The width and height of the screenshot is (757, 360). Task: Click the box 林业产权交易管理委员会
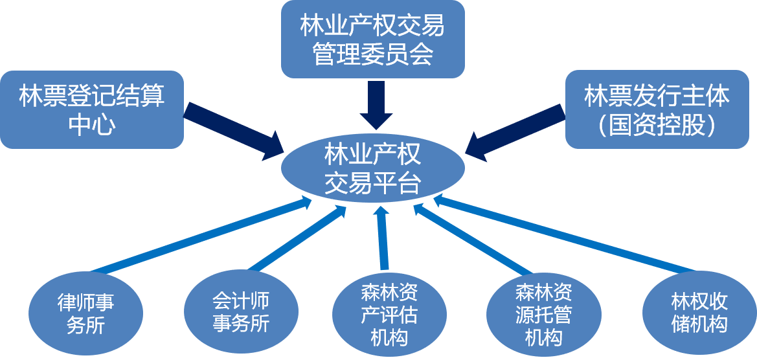pyautogui.click(x=372, y=39)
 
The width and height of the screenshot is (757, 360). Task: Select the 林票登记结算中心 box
pyautogui.click(x=92, y=109)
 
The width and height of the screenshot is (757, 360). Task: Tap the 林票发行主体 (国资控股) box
pyautogui.click(x=657, y=109)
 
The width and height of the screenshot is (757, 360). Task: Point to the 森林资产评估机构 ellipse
pyautogui.click(x=389, y=317)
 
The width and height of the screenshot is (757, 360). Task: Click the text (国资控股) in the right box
pyautogui.click(x=657, y=125)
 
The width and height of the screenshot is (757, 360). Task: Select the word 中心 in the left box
pyautogui.click(x=92, y=125)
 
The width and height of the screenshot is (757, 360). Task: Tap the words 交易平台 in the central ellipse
pyautogui.click(x=372, y=184)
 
